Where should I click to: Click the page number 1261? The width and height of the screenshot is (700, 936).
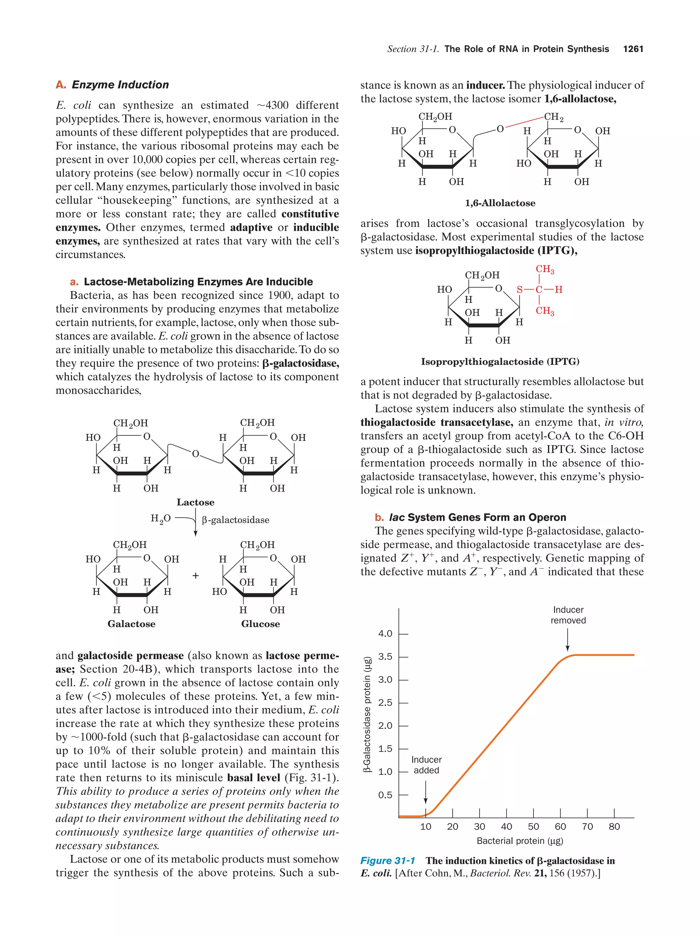(633, 49)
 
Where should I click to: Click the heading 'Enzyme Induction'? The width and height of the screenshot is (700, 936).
(120, 85)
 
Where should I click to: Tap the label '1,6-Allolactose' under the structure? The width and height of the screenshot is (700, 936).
(500, 203)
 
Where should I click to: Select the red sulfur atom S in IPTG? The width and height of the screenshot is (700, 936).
(519, 290)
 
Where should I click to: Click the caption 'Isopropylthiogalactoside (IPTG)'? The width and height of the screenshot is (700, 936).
(500, 361)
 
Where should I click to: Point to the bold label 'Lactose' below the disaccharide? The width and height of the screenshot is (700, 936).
(195, 502)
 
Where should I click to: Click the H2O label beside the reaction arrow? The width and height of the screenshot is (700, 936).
(161, 519)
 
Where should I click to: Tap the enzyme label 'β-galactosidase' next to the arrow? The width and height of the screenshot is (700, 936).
(235, 520)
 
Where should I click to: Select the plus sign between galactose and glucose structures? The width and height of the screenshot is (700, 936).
(195, 575)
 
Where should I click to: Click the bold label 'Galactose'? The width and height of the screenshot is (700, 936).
(131, 624)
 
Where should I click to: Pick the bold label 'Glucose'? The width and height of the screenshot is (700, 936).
(260, 624)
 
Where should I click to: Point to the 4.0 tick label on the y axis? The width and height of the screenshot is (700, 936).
(385, 633)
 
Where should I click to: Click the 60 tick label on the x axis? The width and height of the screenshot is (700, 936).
(560, 826)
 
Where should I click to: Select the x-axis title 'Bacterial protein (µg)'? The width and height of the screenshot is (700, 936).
(520, 841)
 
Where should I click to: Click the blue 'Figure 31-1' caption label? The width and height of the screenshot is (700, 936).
(387, 861)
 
